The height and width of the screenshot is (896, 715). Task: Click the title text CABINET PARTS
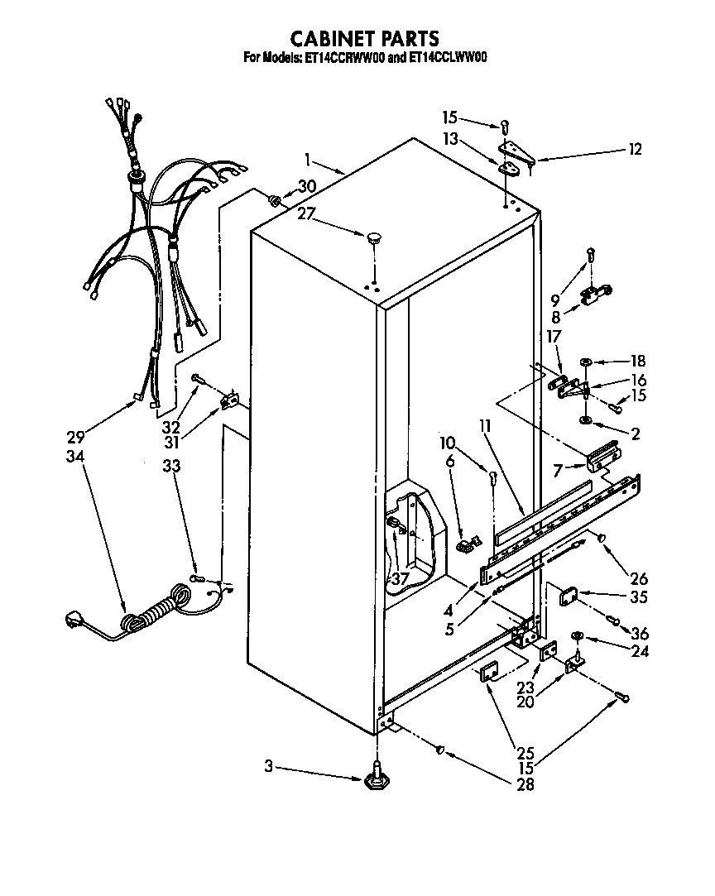coord(363,38)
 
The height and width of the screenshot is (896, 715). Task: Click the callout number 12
coord(635,150)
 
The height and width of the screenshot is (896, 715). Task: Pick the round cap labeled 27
coord(372,237)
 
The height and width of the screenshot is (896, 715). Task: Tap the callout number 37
coord(400,579)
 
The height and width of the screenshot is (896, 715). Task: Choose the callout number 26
coord(638,579)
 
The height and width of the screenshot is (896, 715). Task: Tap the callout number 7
coord(558,470)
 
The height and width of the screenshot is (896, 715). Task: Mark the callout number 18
coord(637,362)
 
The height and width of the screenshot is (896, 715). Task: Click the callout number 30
coord(306,186)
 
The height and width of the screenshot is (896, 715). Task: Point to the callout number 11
coord(484,427)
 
